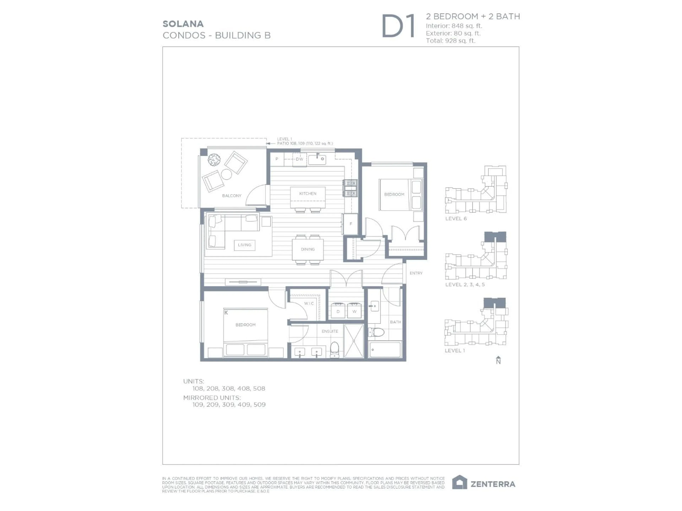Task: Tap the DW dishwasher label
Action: (x=299, y=159)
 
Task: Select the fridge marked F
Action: (x=351, y=224)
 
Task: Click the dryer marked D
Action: (x=338, y=311)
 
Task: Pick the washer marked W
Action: (x=354, y=311)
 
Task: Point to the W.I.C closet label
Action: (x=309, y=303)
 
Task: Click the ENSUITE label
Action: (x=330, y=331)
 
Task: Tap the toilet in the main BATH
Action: (x=377, y=332)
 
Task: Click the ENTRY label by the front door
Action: (x=416, y=273)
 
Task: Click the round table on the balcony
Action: (x=226, y=174)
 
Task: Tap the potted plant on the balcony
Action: (x=214, y=160)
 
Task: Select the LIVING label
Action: (x=245, y=245)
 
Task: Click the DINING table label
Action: (x=308, y=249)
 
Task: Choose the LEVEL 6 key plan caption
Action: (x=456, y=219)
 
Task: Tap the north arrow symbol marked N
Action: (x=498, y=360)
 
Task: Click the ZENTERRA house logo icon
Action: (x=459, y=482)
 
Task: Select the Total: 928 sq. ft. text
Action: (x=450, y=41)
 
